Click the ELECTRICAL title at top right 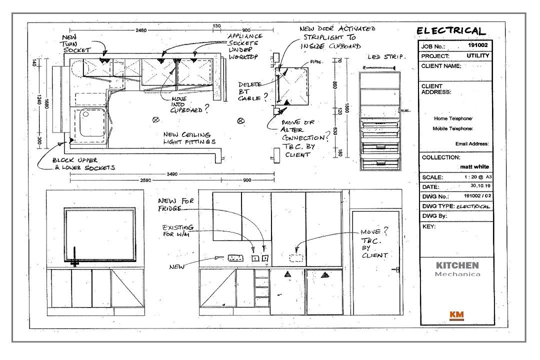pyautogui.click(x=451, y=31)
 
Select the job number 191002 pyautogui.click(x=477, y=45)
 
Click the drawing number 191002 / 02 pyautogui.click(x=475, y=196)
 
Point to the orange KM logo pyautogui.click(x=456, y=314)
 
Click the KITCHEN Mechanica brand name pyautogui.click(x=457, y=268)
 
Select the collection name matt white pyautogui.click(x=474, y=166)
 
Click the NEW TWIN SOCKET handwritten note pyautogui.click(x=76, y=44)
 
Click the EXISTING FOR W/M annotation pyautogui.click(x=176, y=231)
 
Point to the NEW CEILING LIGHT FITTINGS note pyautogui.click(x=189, y=138)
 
